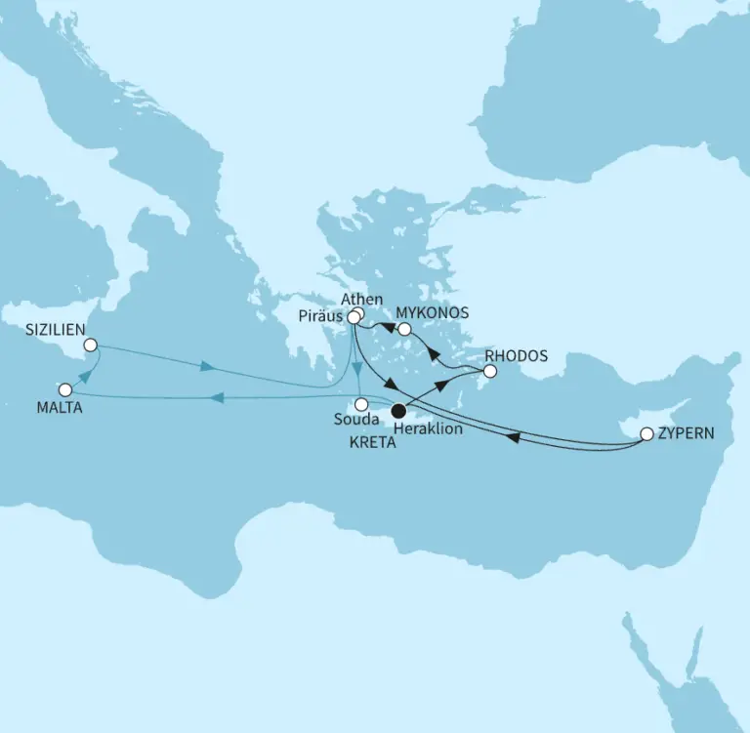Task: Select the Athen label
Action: pyautogui.click(x=362, y=300)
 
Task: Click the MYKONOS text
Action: pyautogui.click(x=433, y=313)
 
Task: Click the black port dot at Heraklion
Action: pyautogui.click(x=398, y=411)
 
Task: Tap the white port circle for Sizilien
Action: pyautogui.click(x=91, y=345)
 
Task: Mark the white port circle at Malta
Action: pyautogui.click(x=65, y=389)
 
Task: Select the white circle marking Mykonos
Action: pyautogui.click(x=404, y=329)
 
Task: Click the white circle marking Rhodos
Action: pyautogui.click(x=490, y=371)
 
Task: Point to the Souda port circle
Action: pyautogui.click(x=361, y=404)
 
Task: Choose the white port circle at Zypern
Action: pyautogui.click(x=646, y=433)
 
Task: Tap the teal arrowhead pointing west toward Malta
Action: pyautogui.click(x=220, y=397)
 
